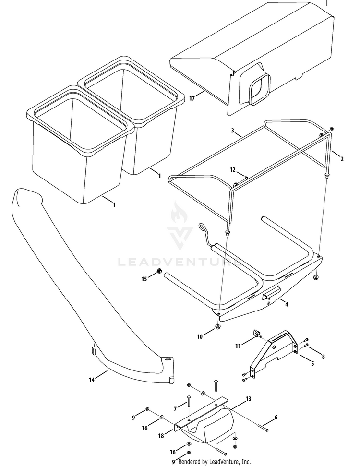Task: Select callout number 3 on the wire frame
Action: pyautogui.click(x=232, y=130)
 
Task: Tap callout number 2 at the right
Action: pyautogui.click(x=342, y=158)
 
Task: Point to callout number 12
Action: pyautogui.click(x=232, y=170)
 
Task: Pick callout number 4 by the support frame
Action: pyautogui.click(x=287, y=304)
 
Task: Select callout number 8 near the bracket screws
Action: pyautogui.click(x=324, y=357)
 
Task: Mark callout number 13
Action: pyautogui.click(x=248, y=399)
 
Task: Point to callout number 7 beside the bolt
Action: pyautogui.click(x=176, y=408)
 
